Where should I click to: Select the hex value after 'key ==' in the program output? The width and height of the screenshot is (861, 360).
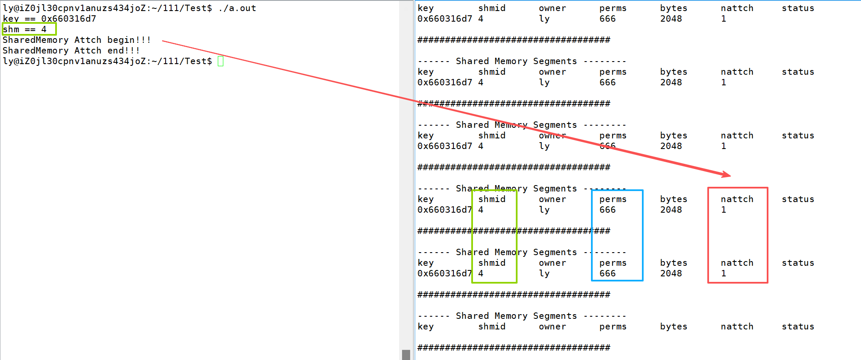[x=69, y=19]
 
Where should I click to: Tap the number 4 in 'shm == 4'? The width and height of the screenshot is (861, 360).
[x=44, y=29]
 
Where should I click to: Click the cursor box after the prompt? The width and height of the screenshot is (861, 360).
[x=220, y=61]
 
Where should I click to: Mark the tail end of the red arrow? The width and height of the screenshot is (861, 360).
[x=163, y=42]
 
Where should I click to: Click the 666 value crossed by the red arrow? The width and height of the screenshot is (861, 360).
[x=608, y=146]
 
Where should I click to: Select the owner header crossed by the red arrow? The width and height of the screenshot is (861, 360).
[x=552, y=135]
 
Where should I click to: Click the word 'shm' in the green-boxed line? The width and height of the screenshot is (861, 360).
[x=11, y=29]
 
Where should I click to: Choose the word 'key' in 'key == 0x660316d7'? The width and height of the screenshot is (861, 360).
[x=11, y=19]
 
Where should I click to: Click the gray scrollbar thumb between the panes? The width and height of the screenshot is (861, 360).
[x=406, y=354]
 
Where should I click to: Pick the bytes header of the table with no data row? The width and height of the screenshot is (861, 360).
[x=673, y=326]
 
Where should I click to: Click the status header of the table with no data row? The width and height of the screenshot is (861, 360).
[x=798, y=326]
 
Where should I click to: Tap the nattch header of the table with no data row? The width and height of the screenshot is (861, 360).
[x=737, y=326]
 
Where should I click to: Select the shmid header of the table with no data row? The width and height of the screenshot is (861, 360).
[x=492, y=326]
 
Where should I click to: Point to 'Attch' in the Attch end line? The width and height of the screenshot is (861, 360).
[x=88, y=51]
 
